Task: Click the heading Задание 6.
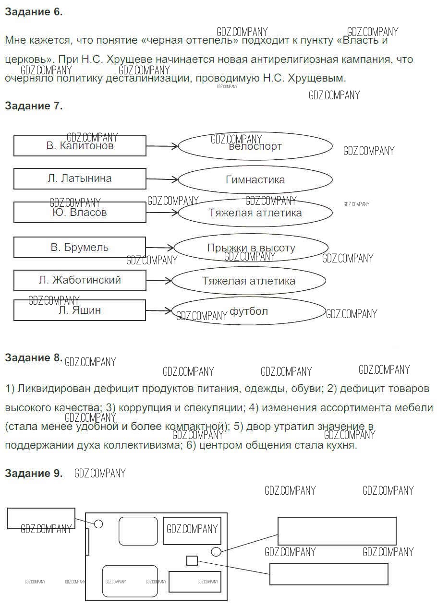[34, 12]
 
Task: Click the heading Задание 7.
[34, 106]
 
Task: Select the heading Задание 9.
[34, 474]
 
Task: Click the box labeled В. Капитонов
[80, 146]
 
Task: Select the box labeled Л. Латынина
[80, 178]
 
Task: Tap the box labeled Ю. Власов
[80, 212]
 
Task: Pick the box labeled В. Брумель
[80, 248]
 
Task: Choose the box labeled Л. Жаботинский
[80, 280]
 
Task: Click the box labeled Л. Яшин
[80, 310]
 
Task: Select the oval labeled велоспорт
[255, 146]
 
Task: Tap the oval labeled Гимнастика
[255, 180]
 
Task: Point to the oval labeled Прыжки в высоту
[251, 248]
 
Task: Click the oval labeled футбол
[248, 311]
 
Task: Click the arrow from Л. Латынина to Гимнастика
[162, 179]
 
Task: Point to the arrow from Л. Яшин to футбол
[158, 311]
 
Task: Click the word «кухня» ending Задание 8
[340, 445]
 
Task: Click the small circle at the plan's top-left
[98, 523]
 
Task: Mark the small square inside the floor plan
[192, 560]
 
